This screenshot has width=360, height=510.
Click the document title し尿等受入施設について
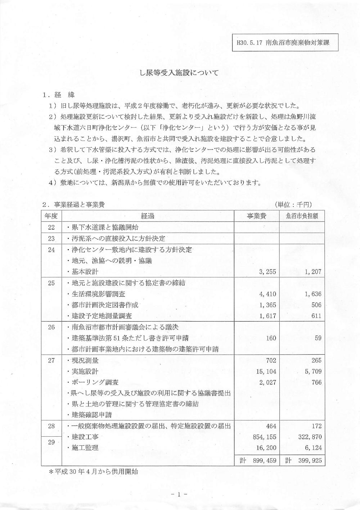click(179, 73)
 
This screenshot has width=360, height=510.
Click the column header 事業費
click(256, 216)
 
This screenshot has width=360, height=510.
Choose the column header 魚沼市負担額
click(302, 216)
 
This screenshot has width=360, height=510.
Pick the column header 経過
click(148, 216)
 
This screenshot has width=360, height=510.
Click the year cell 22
click(51, 227)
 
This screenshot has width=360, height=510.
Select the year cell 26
click(51, 327)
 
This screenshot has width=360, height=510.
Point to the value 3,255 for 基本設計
click(267, 272)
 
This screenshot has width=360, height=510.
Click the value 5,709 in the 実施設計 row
click(313, 371)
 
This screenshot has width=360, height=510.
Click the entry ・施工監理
click(83, 448)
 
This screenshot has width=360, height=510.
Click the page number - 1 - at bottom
click(179, 494)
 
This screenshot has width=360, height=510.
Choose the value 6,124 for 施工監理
click(313, 448)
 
